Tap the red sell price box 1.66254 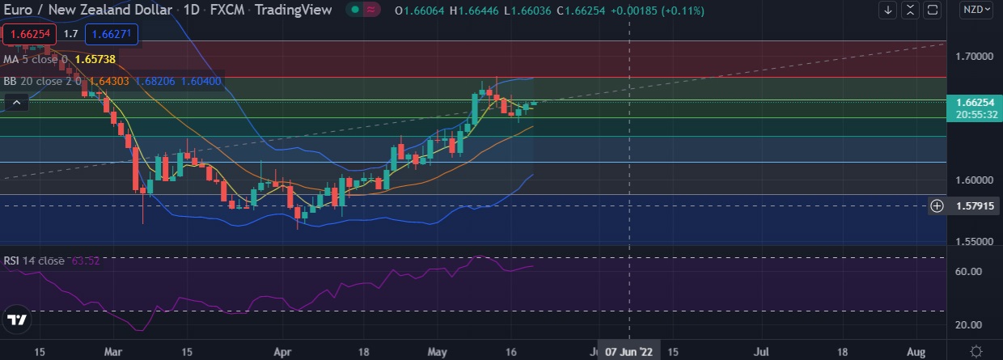[x=28, y=34]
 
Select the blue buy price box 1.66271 [x=116, y=34]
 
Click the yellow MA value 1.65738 [x=97, y=59]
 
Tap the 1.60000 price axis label [x=974, y=180]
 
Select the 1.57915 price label [x=974, y=206]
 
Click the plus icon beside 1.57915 [x=937, y=206]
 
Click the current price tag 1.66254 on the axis [x=974, y=103]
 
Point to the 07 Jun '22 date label [x=629, y=352]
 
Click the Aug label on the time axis [x=916, y=352]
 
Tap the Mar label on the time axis [x=114, y=352]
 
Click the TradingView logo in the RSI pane [x=17, y=320]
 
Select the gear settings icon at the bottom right [x=976, y=351]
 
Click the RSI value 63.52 [x=85, y=260]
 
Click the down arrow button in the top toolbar [x=888, y=11]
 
